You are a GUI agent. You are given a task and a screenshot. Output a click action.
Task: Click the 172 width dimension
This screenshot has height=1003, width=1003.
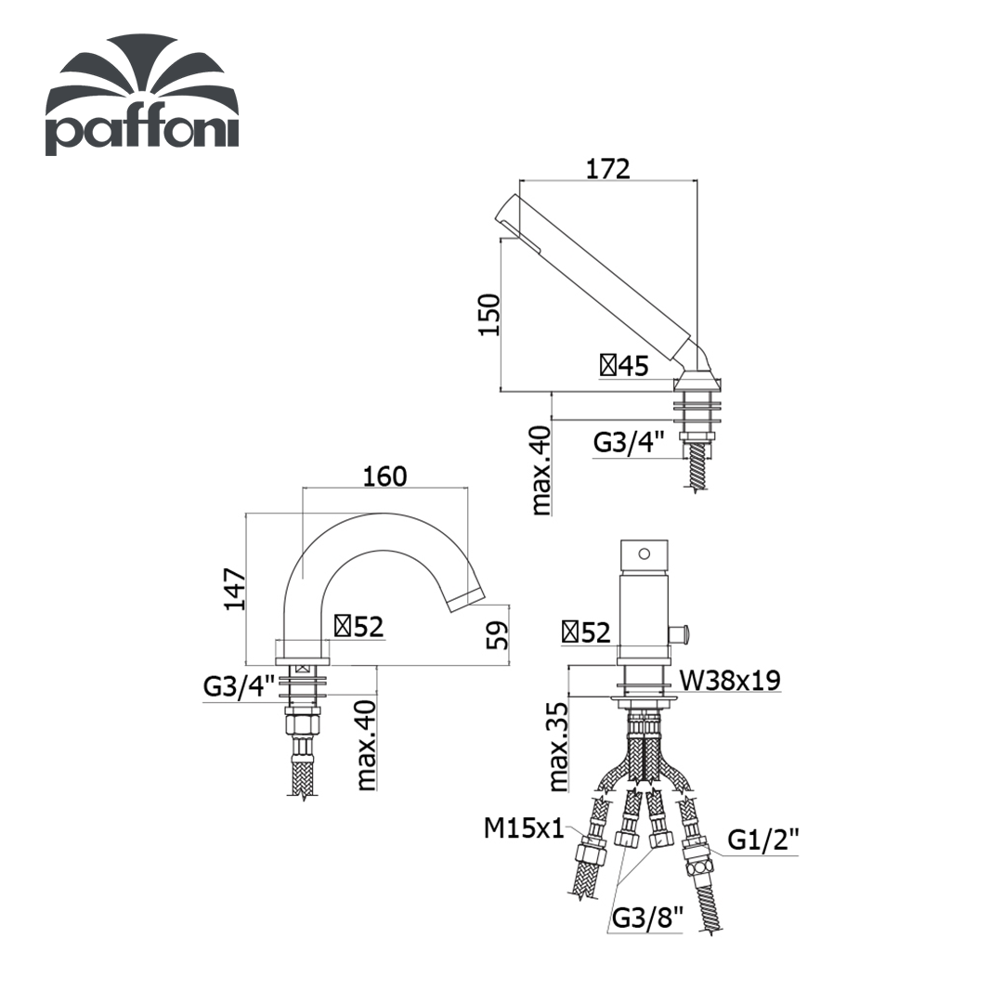point(608,169)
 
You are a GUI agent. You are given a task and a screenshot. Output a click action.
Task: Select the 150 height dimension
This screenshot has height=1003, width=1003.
point(489,314)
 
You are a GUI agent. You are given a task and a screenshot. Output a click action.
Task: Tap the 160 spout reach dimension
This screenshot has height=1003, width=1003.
point(385,476)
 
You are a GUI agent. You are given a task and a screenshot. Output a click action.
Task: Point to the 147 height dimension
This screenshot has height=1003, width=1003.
point(235,589)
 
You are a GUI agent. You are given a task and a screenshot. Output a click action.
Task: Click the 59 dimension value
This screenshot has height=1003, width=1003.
point(497,634)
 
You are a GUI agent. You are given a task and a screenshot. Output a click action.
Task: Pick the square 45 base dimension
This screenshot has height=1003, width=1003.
point(624,366)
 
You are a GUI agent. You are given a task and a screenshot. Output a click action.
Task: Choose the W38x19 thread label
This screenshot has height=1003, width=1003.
point(730,680)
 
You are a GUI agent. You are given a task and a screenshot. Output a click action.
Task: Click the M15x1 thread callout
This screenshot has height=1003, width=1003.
point(524,829)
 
